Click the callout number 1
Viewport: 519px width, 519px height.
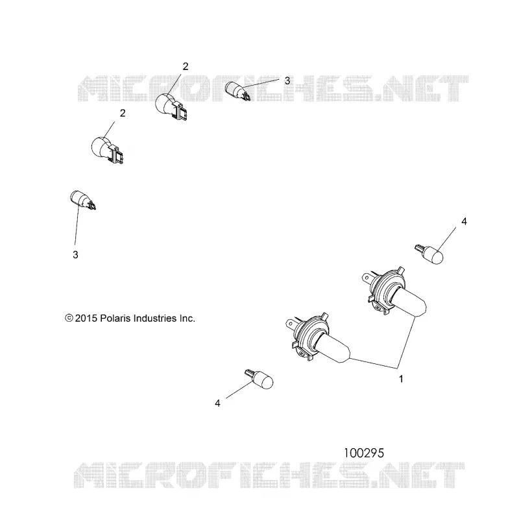point(401,379)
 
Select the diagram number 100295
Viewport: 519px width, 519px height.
point(364,453)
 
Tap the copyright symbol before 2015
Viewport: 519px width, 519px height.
point(69,318)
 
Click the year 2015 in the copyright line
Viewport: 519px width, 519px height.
point(86,319)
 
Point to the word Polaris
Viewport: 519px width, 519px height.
point(115,319)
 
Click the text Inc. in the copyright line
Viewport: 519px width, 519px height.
point(187,319)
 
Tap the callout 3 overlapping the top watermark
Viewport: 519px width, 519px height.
point(287,80)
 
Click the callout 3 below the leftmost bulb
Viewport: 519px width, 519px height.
point(75,255)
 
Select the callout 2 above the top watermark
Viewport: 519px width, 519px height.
point(186,67)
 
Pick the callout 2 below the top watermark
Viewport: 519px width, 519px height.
point(123,113)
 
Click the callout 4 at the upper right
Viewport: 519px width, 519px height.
point(464,221)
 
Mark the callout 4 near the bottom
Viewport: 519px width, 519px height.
point(217,403)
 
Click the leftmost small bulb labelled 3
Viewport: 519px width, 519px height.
point(83,200)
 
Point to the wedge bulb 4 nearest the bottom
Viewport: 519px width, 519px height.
point(259,379)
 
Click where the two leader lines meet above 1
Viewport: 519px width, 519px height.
point(398,368)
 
